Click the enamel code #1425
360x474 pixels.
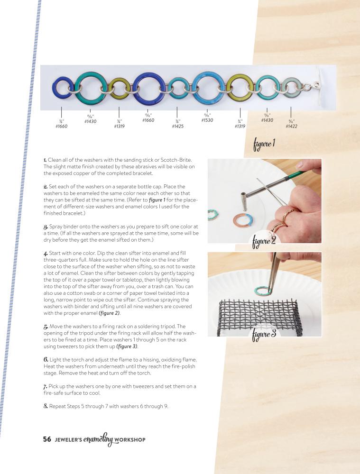(x=177, y=127)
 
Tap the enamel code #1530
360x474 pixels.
(x=207, y=120)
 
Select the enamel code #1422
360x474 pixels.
(x=291, y=127)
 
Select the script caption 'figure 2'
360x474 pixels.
(x=264, y=242)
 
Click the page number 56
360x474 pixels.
(x=47, y=439)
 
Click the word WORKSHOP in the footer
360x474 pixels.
(x=130, y=439)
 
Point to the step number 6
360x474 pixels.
(x=46, y=359)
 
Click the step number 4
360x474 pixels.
(x=46, y=253)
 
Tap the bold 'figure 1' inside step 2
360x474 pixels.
(x=157, y=200)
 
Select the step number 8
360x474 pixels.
(x=46, y=406)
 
